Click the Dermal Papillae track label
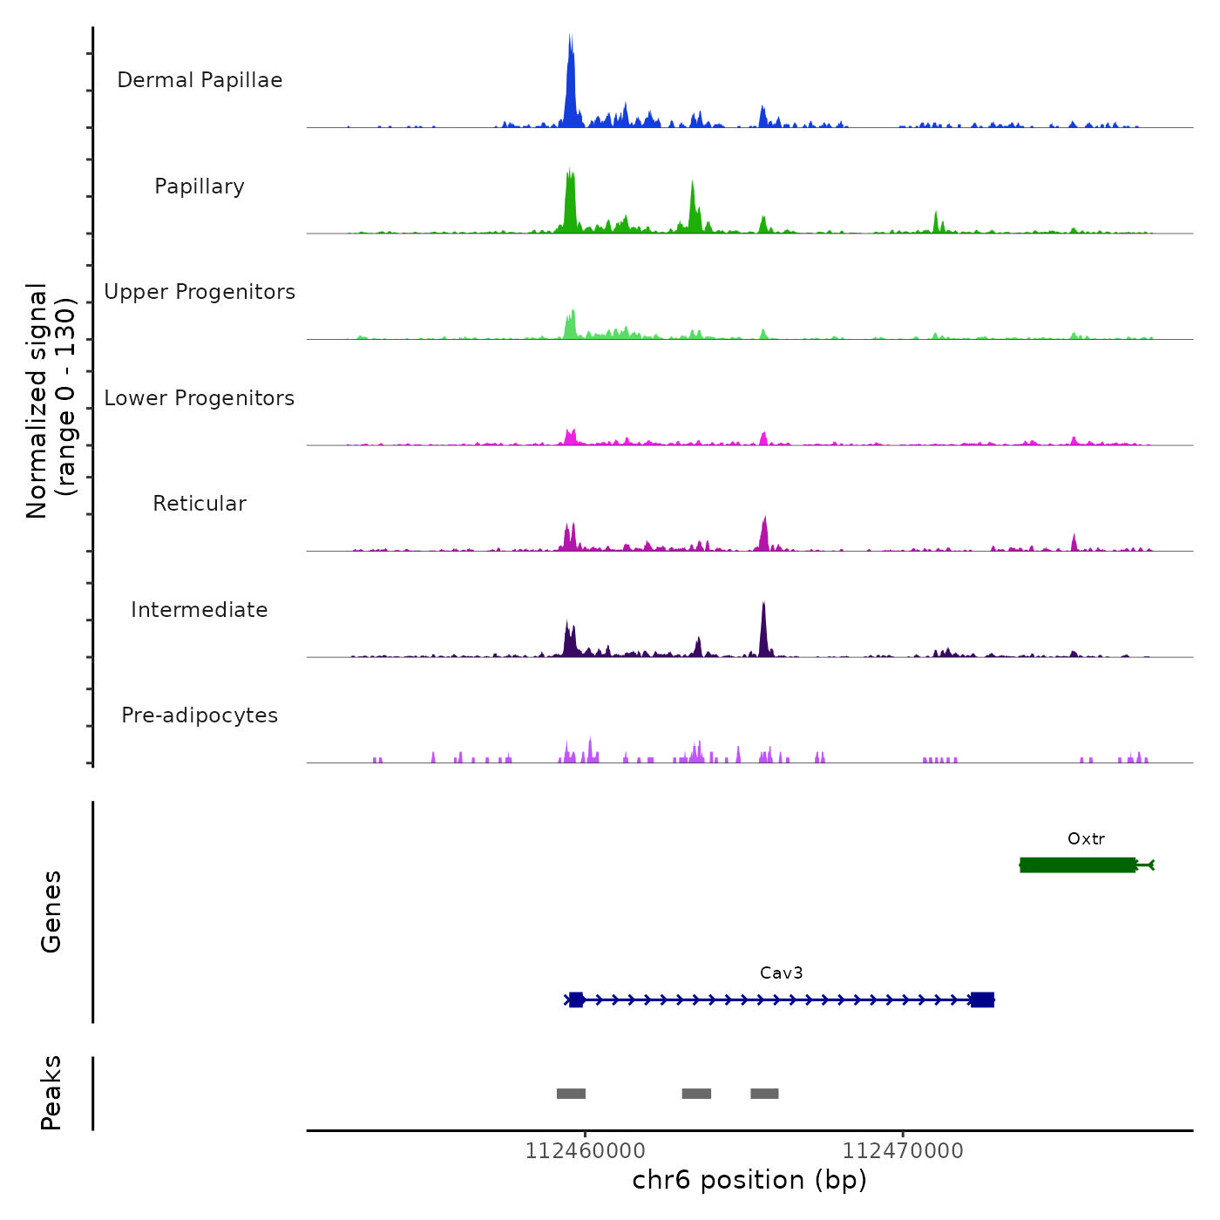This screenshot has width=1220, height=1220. click(x=200, y=80)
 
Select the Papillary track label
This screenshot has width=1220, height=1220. click(x=200, y=186)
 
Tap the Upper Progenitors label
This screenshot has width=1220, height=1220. click(x=200, y=292)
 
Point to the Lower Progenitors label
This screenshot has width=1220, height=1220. click(x=200, y=398)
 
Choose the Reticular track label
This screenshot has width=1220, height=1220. click(x=200, y=504)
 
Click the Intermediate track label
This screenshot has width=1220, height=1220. click(x=200, y=610)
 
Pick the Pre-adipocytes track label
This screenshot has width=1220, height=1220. click(x=200, y=715)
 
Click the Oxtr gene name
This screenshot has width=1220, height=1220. click(x=1086, y=839)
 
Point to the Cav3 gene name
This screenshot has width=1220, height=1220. click(x=781, y=973)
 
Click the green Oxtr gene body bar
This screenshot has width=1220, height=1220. click(x=1078, y=864)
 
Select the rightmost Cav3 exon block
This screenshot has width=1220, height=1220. click(x=982, y=1000)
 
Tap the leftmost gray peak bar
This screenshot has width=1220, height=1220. click(x=571, y=1094)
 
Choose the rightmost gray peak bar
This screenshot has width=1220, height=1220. click(x=764, y=1094)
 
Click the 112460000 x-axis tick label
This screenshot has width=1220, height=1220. click(x=585, y=1151)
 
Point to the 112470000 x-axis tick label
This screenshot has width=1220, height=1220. click(x=903, y=1151)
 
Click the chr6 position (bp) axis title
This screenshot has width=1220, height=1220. click(x=749, y=1180)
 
